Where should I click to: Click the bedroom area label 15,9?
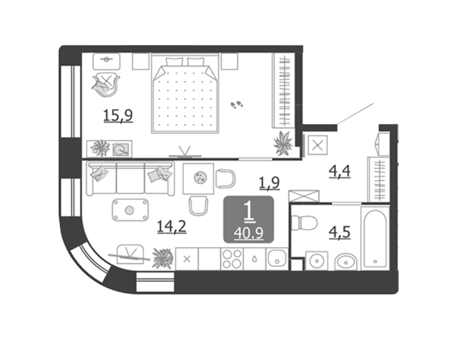(118, 116)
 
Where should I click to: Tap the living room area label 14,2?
(171, 227)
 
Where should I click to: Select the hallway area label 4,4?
(340, 172)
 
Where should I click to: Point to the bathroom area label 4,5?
(340, 232)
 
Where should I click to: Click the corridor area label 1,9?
(269, 183)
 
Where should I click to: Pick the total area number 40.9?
(249, 233)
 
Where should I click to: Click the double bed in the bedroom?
(185, 94)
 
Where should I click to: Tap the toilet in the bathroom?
(304, 223)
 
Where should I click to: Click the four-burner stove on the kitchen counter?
(232, 259)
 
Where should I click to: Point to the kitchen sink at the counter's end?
(277, 259)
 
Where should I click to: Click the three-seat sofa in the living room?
(131, 178)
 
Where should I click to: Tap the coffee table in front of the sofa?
(130, 210)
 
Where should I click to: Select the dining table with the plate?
(198, 178)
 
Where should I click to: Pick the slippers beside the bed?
(236, 104)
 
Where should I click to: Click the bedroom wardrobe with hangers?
(283, 91)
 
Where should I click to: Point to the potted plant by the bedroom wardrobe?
(283, 143)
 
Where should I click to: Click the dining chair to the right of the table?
(225, 178)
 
